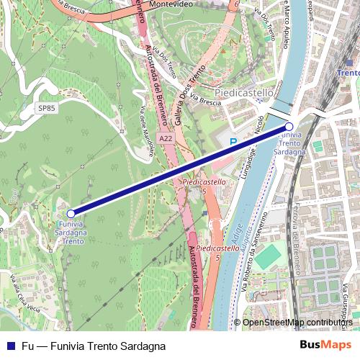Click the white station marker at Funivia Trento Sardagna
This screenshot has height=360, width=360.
pos(289,125)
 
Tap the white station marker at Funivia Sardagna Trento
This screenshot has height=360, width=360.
pos(71,213)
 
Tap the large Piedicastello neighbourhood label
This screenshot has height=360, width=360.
pos(244,93)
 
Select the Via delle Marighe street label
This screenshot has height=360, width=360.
pos(148,129)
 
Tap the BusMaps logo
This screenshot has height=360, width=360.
pos(325,346)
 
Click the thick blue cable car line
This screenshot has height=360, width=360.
pos(180,169)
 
